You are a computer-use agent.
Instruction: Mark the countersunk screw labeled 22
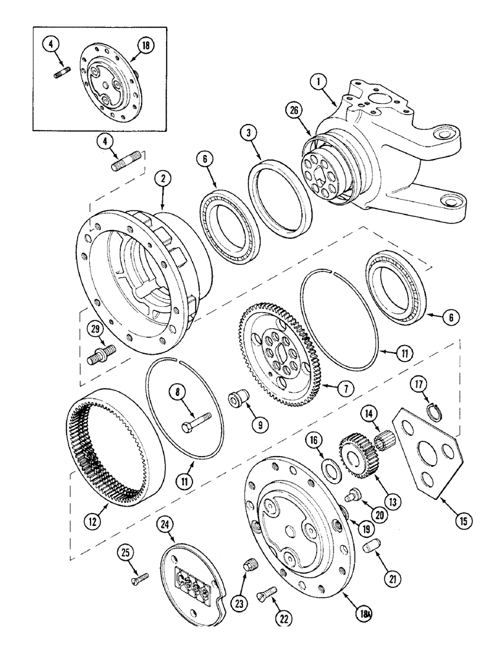pyautogui.click(x=267, y=592)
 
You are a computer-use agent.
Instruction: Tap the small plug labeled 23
pyautogui.click(x=248, y=567)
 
